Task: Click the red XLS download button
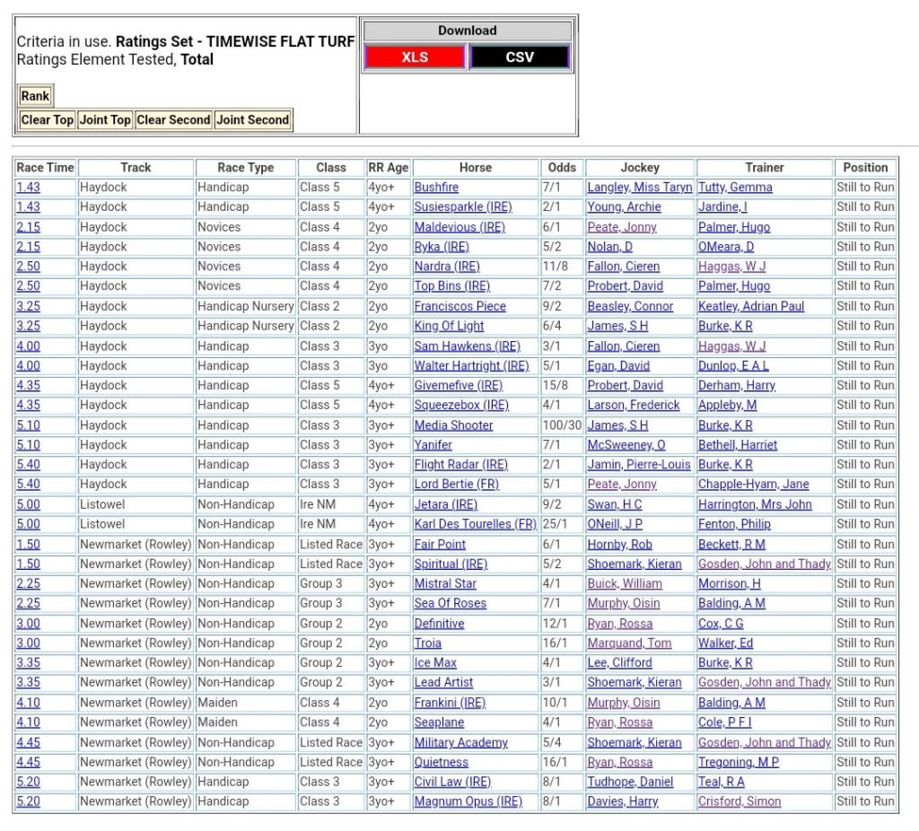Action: coord(415,57)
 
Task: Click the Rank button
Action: coord(35,96)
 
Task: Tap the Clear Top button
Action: coord(48,119)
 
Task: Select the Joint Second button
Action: coord(253,119)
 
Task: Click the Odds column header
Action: coord(562,168)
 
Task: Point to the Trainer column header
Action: coord(764,168)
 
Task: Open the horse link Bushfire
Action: coord(436,188)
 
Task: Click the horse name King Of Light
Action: coord(449,326)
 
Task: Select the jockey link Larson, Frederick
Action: coord(634,406)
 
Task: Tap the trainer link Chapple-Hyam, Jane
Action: coord(753,485)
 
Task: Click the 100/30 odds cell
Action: coord(562,425)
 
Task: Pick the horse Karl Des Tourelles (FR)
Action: coord(475,524)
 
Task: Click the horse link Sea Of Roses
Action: coord(450,603)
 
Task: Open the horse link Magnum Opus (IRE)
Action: coord(468,801)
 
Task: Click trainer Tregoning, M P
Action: coord(738,762)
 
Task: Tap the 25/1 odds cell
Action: coord(554,524)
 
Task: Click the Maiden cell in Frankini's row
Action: coord(220,703)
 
